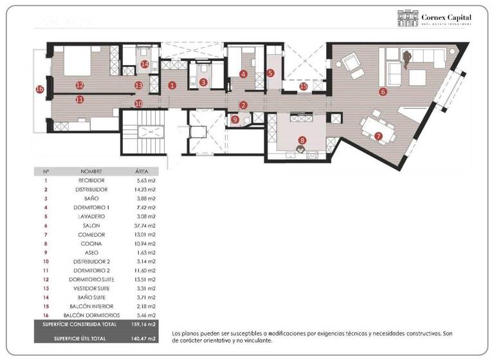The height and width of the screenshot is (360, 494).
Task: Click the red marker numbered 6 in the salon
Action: click(383, 92)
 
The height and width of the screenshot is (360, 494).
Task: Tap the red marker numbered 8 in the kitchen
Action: click(302, 139)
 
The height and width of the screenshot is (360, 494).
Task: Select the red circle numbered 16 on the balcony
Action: click(40, 89)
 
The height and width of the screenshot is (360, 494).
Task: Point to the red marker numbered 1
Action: click(172, 85)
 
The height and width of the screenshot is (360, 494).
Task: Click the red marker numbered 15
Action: click(304, 86)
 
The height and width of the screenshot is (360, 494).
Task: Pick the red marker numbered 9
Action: click(235, 119)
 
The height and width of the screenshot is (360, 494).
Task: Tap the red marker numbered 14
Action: click(145, 64)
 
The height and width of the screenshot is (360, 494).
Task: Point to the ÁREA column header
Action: click(142, 172)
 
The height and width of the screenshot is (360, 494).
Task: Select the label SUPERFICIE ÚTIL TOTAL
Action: click(80, 337)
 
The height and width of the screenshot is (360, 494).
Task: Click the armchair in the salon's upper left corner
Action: click(351, 62)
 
